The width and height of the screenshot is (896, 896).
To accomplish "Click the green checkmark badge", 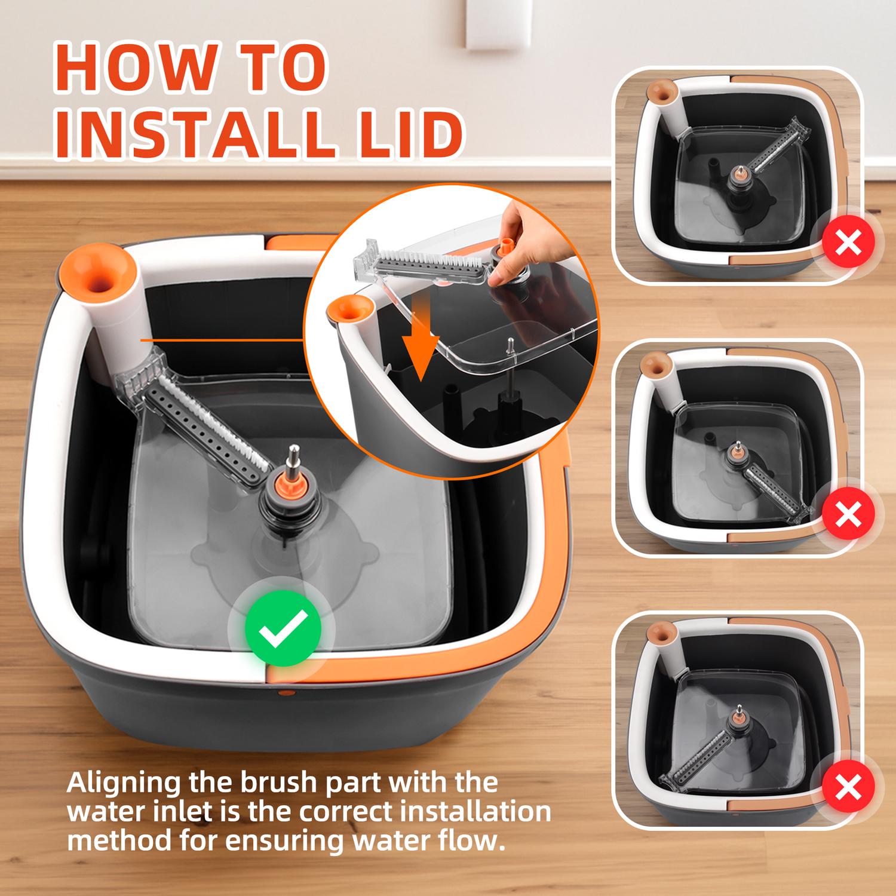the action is tap(283, 628).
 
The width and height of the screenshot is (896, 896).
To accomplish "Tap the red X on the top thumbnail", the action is tap(849, 244).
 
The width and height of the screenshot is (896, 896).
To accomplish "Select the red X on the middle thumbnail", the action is tap(849, 515).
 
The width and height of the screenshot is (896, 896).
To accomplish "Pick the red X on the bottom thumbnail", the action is tap(848, 787).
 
